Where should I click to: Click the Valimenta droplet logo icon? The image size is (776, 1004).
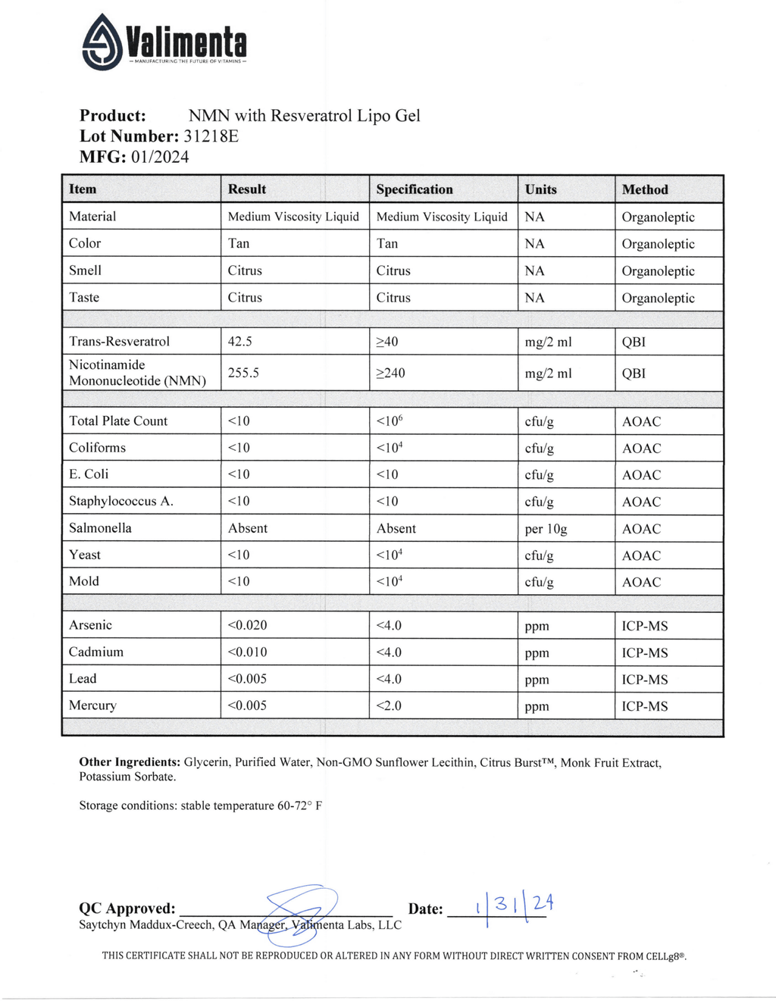[102, 42]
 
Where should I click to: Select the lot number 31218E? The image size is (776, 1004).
[211, 136]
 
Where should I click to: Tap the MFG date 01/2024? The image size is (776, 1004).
[160, 157]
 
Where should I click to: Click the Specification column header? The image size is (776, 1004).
[415, 189]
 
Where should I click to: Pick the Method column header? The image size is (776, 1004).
[645, 189]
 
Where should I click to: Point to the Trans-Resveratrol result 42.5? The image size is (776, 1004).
[240, 342]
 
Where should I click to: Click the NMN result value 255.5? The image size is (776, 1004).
[244, 373]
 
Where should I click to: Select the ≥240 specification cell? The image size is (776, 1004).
[391, 373]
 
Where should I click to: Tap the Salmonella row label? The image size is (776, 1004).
[100, 528]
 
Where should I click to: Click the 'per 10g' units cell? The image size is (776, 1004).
[546, 529]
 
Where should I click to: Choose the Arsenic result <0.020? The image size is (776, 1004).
[247, 625]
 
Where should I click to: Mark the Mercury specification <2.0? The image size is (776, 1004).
[389, 705]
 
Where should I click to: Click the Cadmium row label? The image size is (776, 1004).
[96, 652]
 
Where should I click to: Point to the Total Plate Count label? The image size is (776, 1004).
[118, 421]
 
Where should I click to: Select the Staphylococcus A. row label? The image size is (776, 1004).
[121, 502]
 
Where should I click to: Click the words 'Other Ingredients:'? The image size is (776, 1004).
[130, 762]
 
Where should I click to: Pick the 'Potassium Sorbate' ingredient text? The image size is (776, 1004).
[127, 777]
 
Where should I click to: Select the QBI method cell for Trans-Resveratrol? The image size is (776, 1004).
[634, 342]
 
